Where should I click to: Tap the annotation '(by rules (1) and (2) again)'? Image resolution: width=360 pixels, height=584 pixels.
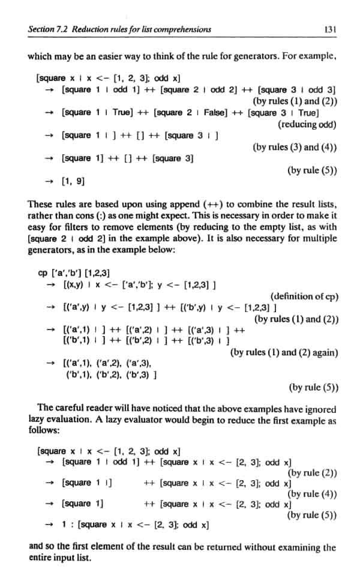click(284, 352)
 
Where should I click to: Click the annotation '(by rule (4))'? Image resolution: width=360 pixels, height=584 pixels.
click(312, 493)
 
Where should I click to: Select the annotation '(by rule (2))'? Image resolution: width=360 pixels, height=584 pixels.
click(312, 472)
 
